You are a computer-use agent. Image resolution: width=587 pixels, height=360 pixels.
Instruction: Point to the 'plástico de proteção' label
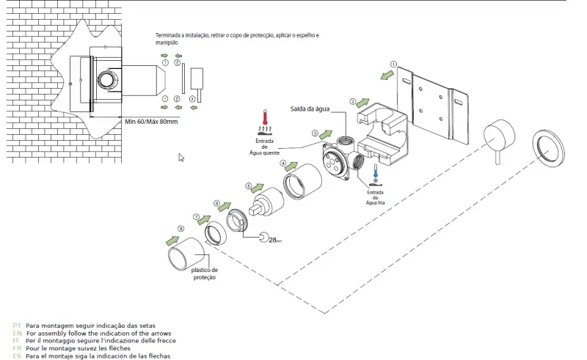[x=205, y=273]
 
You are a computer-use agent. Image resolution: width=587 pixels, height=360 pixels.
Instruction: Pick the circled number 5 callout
[x=249, y=186]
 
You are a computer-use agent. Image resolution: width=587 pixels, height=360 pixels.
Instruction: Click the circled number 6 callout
[x=216, y=202]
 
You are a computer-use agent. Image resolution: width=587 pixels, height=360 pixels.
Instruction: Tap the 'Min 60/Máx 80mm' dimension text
[x=151, y=121]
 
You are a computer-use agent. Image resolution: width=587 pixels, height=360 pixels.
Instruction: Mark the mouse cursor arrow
[x=181, y=158]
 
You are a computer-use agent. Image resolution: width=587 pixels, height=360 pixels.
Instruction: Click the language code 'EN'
[x=17, y=333]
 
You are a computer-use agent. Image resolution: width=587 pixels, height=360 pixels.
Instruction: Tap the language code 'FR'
[x=17, y=348]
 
